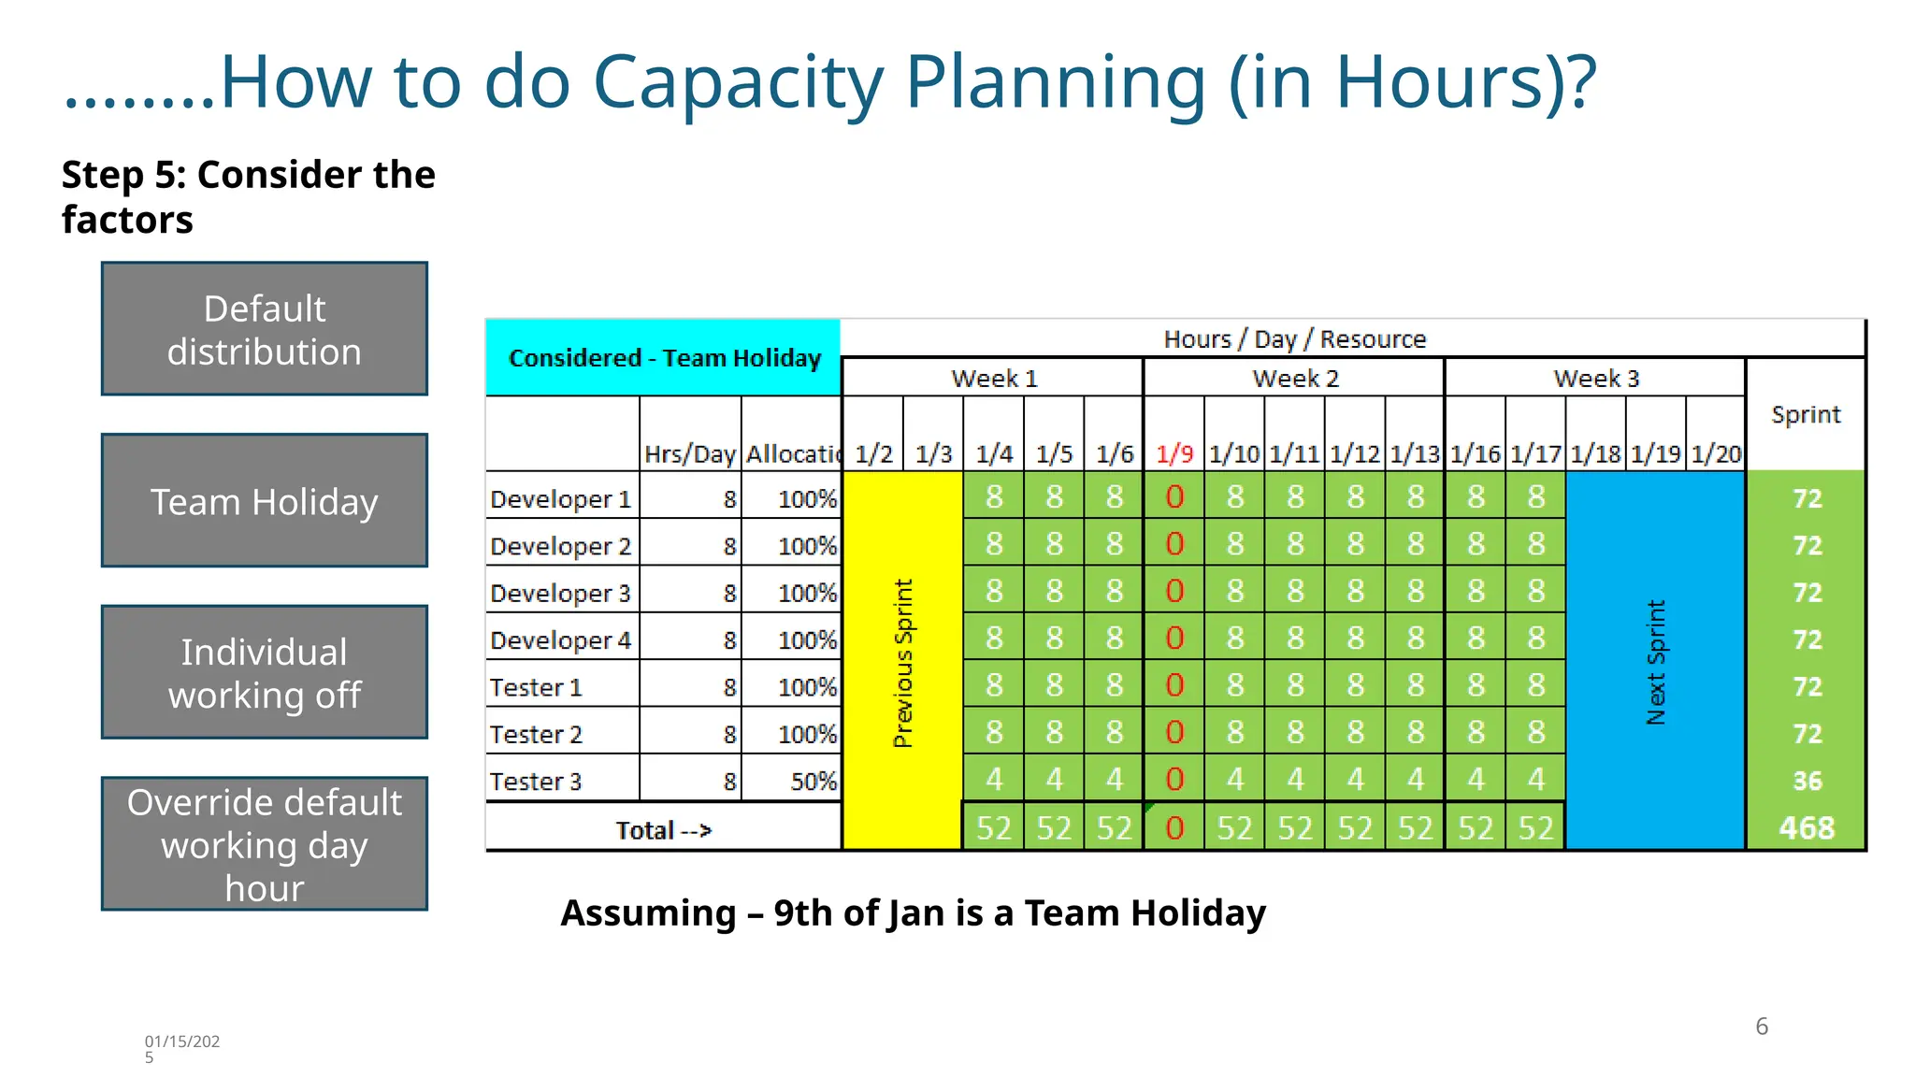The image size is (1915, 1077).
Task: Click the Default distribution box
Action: point(265,329)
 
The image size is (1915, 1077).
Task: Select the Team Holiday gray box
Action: point(265,501)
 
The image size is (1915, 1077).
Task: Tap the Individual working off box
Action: point(265,673)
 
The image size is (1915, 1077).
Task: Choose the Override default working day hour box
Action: point(265,844)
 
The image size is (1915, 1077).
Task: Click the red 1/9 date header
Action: point(1174,454)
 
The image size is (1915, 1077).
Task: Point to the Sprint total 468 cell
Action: point(1806,828)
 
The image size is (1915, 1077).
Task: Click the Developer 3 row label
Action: point(560,594)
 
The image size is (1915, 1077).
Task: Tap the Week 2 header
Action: point(1295,379)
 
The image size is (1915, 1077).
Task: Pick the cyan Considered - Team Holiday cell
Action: point(664,358)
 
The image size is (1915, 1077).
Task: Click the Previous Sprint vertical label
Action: point(902,662)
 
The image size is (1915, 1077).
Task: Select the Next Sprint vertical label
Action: point(1656,662)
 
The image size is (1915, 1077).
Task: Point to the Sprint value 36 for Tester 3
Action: point(1807,781)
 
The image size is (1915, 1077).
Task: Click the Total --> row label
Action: point(663,830)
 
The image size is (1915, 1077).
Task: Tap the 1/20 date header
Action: point(1716,454)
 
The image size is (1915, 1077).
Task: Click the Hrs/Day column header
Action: point(690,454)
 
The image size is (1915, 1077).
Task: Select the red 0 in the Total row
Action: point(1174,828)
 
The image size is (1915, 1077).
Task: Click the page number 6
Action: point(1762,1027)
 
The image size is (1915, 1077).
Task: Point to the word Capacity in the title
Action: point(738,82)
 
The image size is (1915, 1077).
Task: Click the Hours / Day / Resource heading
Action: point(1294,339)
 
